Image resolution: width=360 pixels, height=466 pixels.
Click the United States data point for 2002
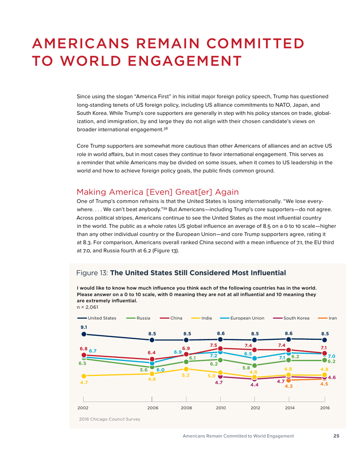point(83,334)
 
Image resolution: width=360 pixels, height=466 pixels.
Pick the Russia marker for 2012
point(255,365)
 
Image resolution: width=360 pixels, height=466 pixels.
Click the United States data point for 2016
point(325,340)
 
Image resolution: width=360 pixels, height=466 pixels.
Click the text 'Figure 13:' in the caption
point(92,273)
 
